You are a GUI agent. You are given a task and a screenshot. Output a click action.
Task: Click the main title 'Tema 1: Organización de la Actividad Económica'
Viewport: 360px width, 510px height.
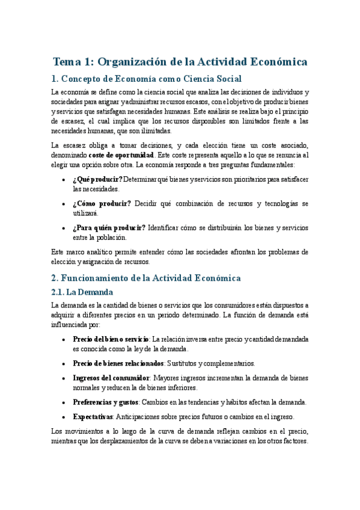point(180,62)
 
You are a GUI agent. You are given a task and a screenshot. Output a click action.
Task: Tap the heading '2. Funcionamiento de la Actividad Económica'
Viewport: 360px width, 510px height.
point(146,278)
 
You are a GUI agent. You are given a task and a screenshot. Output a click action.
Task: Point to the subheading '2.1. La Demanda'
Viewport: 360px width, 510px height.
point(82,292)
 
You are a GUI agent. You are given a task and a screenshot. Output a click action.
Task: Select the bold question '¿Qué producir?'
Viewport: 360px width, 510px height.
point(97,179)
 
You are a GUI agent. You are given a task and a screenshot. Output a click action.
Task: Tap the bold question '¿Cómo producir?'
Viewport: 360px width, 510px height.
point(102,203)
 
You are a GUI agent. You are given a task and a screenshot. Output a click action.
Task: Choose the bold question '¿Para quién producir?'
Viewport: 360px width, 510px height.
point(109,227)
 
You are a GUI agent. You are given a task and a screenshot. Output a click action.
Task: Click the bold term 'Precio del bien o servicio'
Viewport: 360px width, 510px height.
point(111,339)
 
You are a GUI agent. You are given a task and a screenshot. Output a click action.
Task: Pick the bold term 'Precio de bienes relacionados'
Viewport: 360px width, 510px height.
point(118,363)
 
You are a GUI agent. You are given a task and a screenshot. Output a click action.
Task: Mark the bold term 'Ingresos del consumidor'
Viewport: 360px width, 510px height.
point(111,378)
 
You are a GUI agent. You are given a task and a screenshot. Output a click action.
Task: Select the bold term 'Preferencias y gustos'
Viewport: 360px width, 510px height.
point(106,402)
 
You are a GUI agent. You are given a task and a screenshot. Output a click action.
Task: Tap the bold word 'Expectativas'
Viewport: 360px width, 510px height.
point(93,416)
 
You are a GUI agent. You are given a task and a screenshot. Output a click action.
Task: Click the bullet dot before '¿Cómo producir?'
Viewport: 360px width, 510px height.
point(64,204)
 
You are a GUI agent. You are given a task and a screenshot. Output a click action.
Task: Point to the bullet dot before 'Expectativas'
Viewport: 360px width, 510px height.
point(64,417)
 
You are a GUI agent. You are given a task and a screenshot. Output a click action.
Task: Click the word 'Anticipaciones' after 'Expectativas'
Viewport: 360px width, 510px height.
point(139,416)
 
